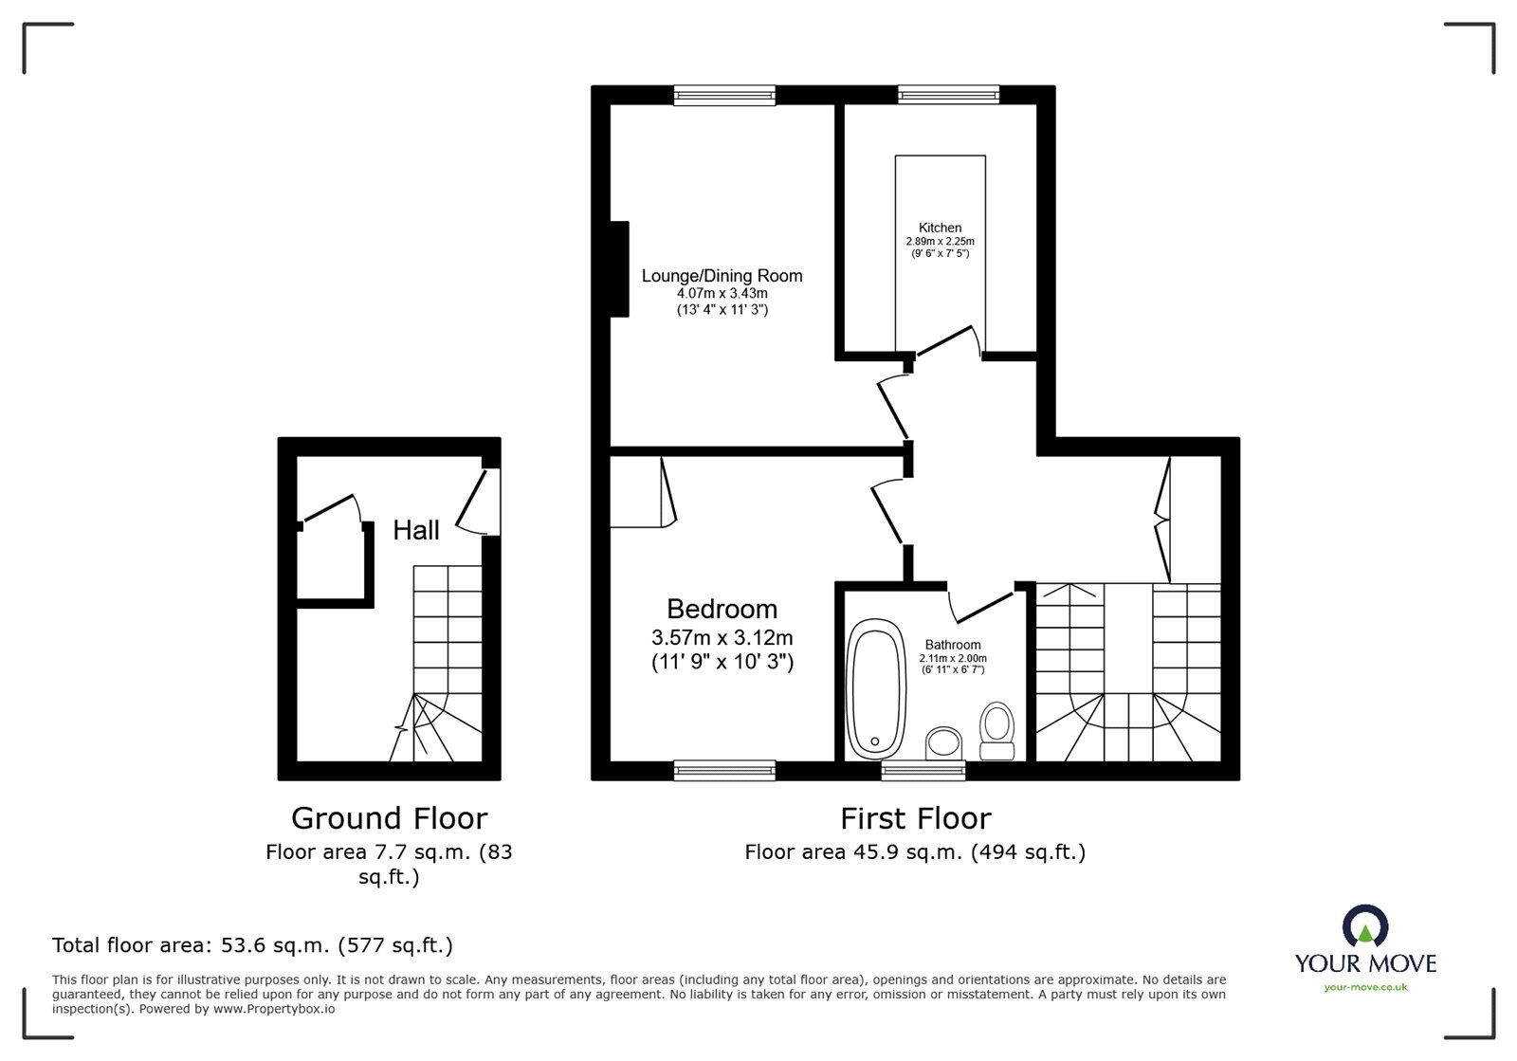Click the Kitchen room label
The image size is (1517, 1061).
click(x=940, y=228)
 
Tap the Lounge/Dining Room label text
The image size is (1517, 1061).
click(x=722, y=276)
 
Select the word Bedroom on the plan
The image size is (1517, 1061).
click(x=722, y=609)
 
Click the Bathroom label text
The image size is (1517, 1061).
click(x=953, y=645)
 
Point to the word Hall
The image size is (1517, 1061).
click(x=416, y=530)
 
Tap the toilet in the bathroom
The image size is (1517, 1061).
click(x=996, y=731)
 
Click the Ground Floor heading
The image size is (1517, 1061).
click(x=389, y=817)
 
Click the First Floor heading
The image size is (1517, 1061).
click(x=915, y=817)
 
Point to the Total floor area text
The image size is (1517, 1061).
click(x=252, y=945)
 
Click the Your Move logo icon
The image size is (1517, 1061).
click(x=1365, y=926)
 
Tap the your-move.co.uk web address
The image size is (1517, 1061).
click(x=1365, y=988)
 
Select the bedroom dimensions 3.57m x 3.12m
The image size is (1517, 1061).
click(x=722, y=637)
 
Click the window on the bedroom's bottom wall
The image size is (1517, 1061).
click(x=724, y=771)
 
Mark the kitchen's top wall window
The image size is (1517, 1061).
click(x=948, y=94)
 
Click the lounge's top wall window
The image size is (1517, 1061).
click(x=724, y=94)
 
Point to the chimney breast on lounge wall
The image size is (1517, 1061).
click(x=618, y=268)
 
